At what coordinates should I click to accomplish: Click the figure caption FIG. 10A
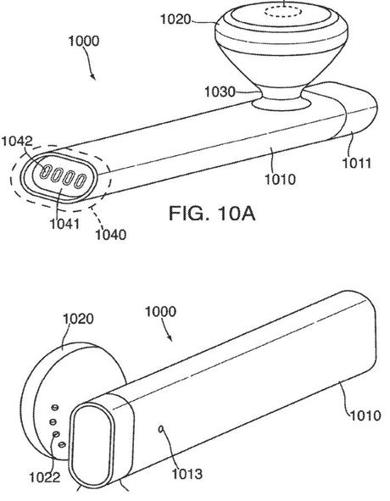click(212, 214)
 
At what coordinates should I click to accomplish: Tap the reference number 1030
click(220, 92)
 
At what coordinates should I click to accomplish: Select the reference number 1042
click(17, 142)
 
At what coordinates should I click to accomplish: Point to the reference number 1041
click(64, 223)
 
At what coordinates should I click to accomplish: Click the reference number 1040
click(110, 235)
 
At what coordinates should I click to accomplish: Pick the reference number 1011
click(357, 164)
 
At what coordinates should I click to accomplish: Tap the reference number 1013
click(187, 474)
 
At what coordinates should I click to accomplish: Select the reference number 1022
click(44, 477)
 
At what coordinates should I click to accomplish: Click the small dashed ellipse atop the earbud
click(283, 12)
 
